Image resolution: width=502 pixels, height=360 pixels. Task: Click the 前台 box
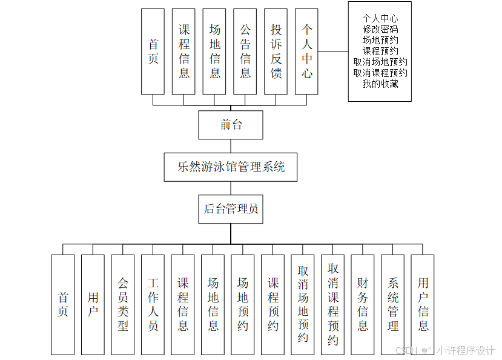[x=231, y=125]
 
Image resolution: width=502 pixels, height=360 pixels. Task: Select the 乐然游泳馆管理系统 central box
[x=231, y=167]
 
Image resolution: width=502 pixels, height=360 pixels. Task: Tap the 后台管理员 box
[x=231, y=208]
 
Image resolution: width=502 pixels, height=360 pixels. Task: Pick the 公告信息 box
[x=245, y=52]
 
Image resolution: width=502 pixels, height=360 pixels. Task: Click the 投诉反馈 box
[x=276, y=52]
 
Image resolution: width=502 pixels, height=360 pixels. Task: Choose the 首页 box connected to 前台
[x=153, y=52]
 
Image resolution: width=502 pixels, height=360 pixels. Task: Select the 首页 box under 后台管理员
[x=63, y=304]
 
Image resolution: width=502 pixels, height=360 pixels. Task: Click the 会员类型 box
[x=123, y=304]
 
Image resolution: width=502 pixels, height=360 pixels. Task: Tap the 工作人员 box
[x=153, y=304]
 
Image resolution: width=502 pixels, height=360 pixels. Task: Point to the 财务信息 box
[x=363, y=304]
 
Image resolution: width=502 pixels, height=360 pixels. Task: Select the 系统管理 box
[x=392, y=304]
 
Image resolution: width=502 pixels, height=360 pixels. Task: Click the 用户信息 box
[x=423, y=304]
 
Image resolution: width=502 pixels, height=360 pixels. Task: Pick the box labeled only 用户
[x=93, y=304]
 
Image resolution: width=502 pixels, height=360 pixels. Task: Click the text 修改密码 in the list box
[x=380, y=29]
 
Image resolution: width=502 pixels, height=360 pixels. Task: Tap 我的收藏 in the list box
[x=380, y=84]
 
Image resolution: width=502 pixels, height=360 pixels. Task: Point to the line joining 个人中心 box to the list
[x=333, y=52]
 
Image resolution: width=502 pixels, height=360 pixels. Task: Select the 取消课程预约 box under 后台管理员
[x=333, y=304]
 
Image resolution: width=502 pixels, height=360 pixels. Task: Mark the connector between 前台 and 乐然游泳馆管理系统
[x=231, y=146]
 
